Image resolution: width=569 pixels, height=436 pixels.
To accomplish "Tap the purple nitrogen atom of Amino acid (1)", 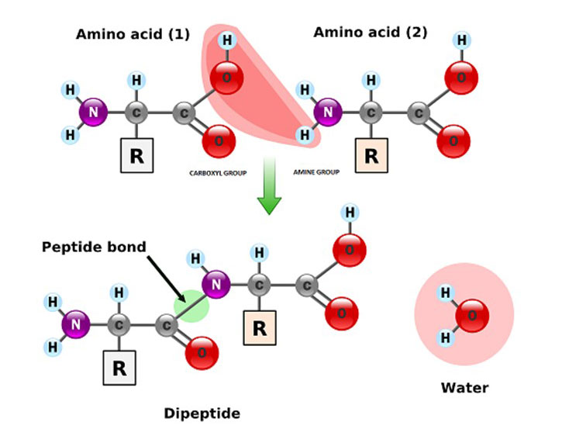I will click(93, 113).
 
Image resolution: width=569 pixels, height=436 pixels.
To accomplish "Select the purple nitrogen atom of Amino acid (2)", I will click(328, 112).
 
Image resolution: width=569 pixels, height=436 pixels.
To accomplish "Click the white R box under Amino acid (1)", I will click(136, 155).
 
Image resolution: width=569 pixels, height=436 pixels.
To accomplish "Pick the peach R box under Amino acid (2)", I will click(371, 154).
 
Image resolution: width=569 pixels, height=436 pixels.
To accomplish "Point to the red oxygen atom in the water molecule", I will click(472, 316).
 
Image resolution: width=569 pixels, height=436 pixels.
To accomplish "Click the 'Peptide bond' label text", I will click(94, 247).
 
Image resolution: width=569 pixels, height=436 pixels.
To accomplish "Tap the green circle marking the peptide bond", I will click(191, 304).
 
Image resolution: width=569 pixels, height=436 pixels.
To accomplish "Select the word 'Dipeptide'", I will click(202, 414).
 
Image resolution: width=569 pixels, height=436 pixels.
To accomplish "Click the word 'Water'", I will click(464, 387).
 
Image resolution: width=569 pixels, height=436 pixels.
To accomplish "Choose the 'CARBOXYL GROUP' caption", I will click(217, 173).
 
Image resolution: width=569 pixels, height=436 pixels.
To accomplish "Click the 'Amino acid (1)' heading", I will click(133, 35).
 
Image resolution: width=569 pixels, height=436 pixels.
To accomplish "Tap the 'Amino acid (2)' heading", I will click(370, 33).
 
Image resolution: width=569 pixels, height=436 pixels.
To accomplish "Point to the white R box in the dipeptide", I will click(119, 367).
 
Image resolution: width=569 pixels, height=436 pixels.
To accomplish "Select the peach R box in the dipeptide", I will click(260, 327).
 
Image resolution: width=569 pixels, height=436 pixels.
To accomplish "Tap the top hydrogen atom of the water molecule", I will click(445, 292).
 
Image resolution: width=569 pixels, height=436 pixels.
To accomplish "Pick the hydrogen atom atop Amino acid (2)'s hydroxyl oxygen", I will click(462, 40).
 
